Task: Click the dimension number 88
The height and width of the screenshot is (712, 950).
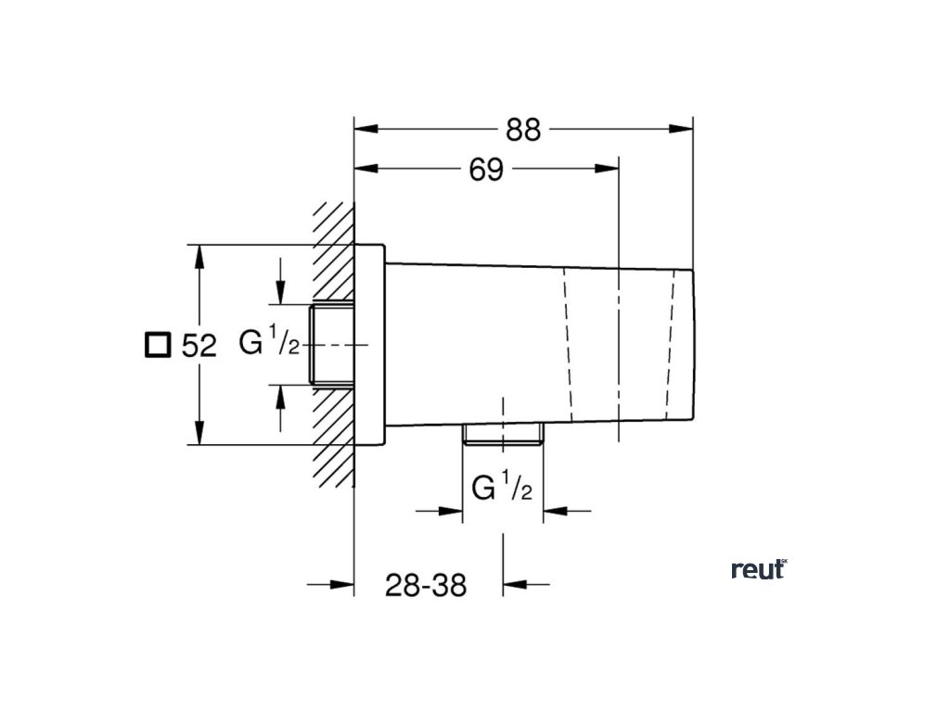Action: [523, 130]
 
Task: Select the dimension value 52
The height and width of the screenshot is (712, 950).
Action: [199, 347]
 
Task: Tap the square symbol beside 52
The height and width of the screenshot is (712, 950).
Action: [157, 345]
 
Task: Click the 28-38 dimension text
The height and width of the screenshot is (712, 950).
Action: [427, 585]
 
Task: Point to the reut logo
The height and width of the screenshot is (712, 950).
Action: [758, 569]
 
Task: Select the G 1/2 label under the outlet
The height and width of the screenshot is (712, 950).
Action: [501, 487]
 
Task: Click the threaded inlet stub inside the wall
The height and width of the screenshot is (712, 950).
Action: [332, 343]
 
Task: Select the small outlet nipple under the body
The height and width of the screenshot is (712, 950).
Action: [502, 434]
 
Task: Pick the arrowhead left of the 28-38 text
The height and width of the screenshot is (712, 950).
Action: [343, 584]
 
